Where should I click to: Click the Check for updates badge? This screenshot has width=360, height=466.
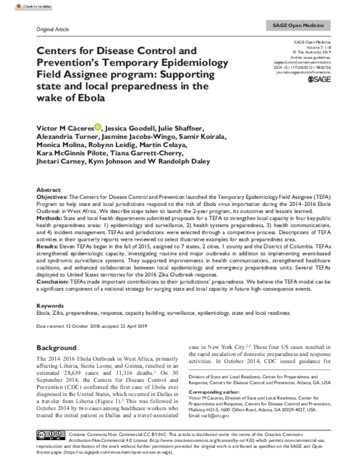coord(20,6)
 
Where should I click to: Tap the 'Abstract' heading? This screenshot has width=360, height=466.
coord(49,188)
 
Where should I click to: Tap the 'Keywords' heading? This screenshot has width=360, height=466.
coord(50,306)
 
